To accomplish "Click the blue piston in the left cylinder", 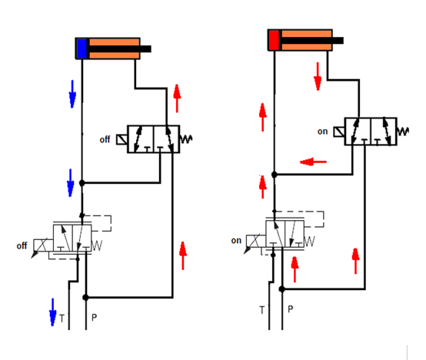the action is (82, 48).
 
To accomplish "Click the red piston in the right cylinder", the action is (274, 40).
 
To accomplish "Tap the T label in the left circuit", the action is (62, 318).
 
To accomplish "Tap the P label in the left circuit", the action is (94, 318).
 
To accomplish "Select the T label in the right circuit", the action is (262, 310).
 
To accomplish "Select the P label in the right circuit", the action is (290, 309).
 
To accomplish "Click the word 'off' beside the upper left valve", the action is (105, 140).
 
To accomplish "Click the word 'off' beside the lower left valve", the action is (22, 246).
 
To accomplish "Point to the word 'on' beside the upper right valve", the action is (322, 132).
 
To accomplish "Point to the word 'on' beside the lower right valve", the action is (236, 241).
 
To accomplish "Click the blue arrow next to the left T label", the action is (52, 312).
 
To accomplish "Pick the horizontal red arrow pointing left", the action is (313, 162).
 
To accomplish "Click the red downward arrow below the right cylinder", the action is (318, 76).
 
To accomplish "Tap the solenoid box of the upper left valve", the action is (121, 140).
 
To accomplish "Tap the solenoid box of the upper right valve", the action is (339, 132).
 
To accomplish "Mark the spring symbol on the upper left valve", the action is (186, 139).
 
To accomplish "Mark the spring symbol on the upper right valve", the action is (403, 132).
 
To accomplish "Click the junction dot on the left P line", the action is (85, 298).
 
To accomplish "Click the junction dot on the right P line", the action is (282, 289).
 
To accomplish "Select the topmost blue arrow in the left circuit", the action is (72, 94).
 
